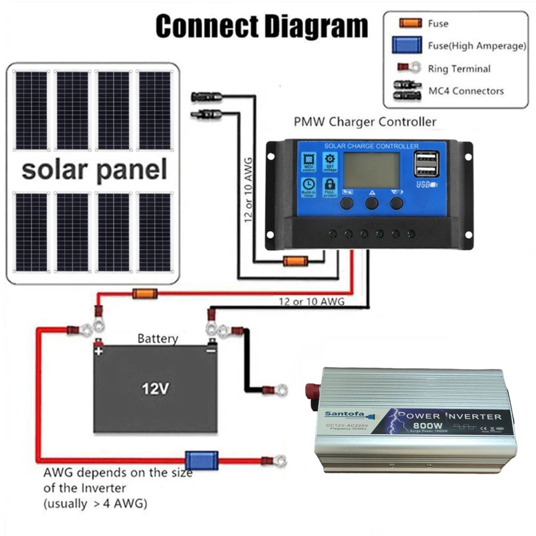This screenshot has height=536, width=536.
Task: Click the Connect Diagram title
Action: tap(262, 26)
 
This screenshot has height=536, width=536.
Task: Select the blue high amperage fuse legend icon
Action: tap(407, 46)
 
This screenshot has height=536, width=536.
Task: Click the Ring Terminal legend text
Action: tap(459, 69)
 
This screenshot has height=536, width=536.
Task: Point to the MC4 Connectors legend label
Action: tap(466, 91)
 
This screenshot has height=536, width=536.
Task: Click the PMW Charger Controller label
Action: tap(365, 122)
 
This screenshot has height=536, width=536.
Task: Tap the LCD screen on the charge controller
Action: tap(371, 170)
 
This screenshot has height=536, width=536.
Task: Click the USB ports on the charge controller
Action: tap(426, 164)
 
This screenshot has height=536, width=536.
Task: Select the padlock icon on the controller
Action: tap(330, 185)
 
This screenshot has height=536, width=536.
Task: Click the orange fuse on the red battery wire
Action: tap(144, 293)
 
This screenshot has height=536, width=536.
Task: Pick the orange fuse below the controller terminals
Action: tap(295, 262)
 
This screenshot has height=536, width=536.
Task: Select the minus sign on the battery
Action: tap(211, 352)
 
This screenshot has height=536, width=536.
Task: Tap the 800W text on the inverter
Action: tap(424, 428)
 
